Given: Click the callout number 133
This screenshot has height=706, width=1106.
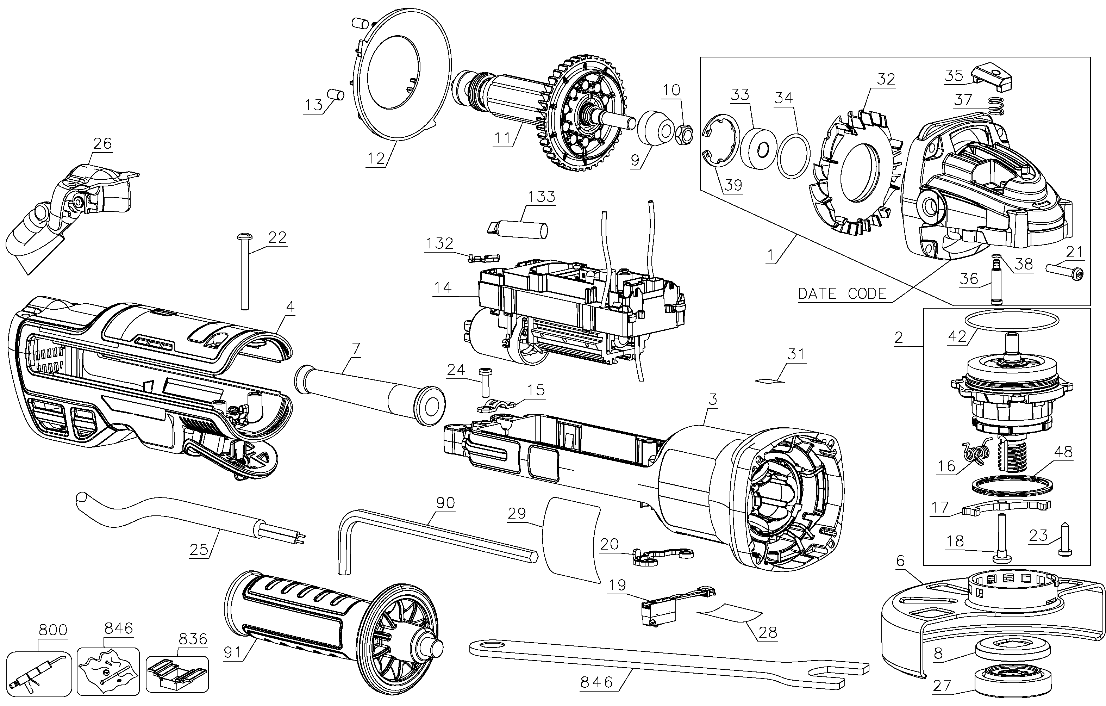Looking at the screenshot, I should pos(542,197).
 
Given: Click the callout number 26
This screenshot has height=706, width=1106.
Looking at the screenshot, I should pos(102,144).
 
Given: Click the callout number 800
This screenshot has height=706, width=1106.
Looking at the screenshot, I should pos(53,630).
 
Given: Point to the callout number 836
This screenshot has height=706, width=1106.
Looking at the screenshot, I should pos(193,639).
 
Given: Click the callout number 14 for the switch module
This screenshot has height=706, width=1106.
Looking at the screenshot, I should pos(443,288).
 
